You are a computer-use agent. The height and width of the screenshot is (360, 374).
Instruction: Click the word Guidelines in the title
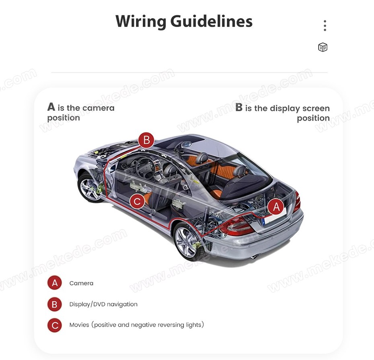click(x=211, y=21)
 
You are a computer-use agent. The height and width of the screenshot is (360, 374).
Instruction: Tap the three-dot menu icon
click(x=325, y=25)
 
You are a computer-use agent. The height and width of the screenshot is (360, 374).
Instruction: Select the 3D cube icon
click(x=323, y=47)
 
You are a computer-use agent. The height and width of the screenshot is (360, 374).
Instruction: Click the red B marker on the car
click(x=146, y=140)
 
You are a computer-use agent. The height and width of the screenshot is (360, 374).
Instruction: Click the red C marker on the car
click(x=138, y=201)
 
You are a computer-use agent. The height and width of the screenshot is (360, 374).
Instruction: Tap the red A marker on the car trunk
click(x=276, y=207)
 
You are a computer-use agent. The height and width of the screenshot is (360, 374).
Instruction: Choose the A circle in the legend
click(x=55, y=283)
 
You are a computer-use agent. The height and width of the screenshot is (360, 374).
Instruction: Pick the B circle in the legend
click(x=55, y=304)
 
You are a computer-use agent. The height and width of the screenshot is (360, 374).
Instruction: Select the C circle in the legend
click(x=55, y=325)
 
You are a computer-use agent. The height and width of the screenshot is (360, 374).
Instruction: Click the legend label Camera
click(x=81, y=283)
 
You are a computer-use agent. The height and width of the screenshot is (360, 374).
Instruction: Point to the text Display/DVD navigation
click(x=103, y=304)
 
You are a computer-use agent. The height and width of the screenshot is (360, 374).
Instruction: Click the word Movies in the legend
click(x=79, y=325)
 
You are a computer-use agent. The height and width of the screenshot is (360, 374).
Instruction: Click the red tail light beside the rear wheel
click(x=236, y=226)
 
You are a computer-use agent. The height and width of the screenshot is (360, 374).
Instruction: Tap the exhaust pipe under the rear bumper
click(x=255, y=257)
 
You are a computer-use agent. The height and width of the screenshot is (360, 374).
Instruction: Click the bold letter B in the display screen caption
click(x=239, y=108)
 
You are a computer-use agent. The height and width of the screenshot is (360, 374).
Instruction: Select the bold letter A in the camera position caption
click(x=51, y=107)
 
